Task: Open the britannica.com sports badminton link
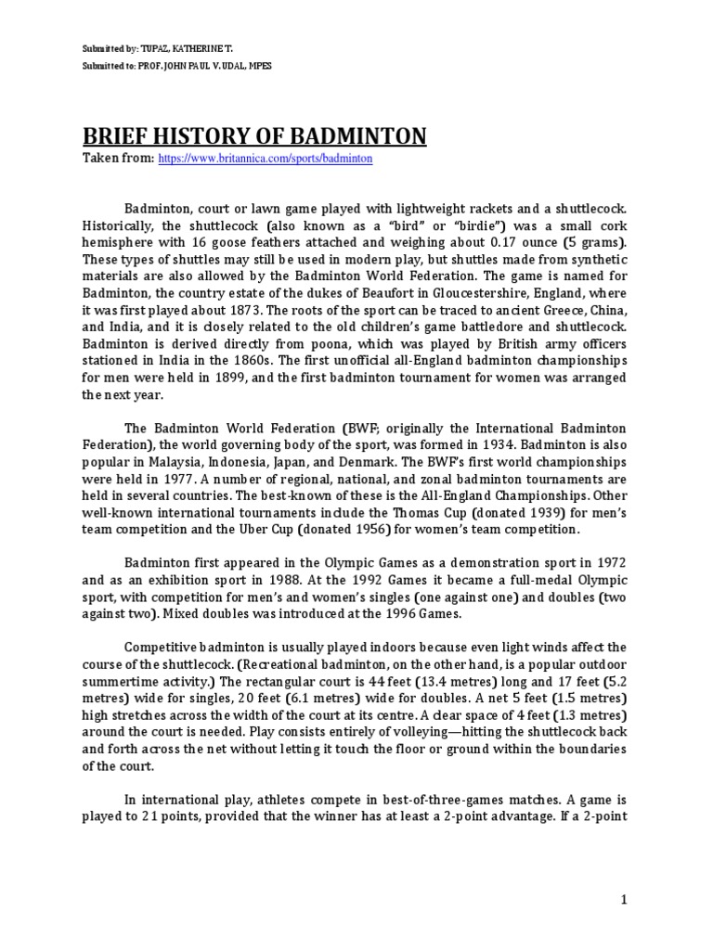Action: tap(266, 160)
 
